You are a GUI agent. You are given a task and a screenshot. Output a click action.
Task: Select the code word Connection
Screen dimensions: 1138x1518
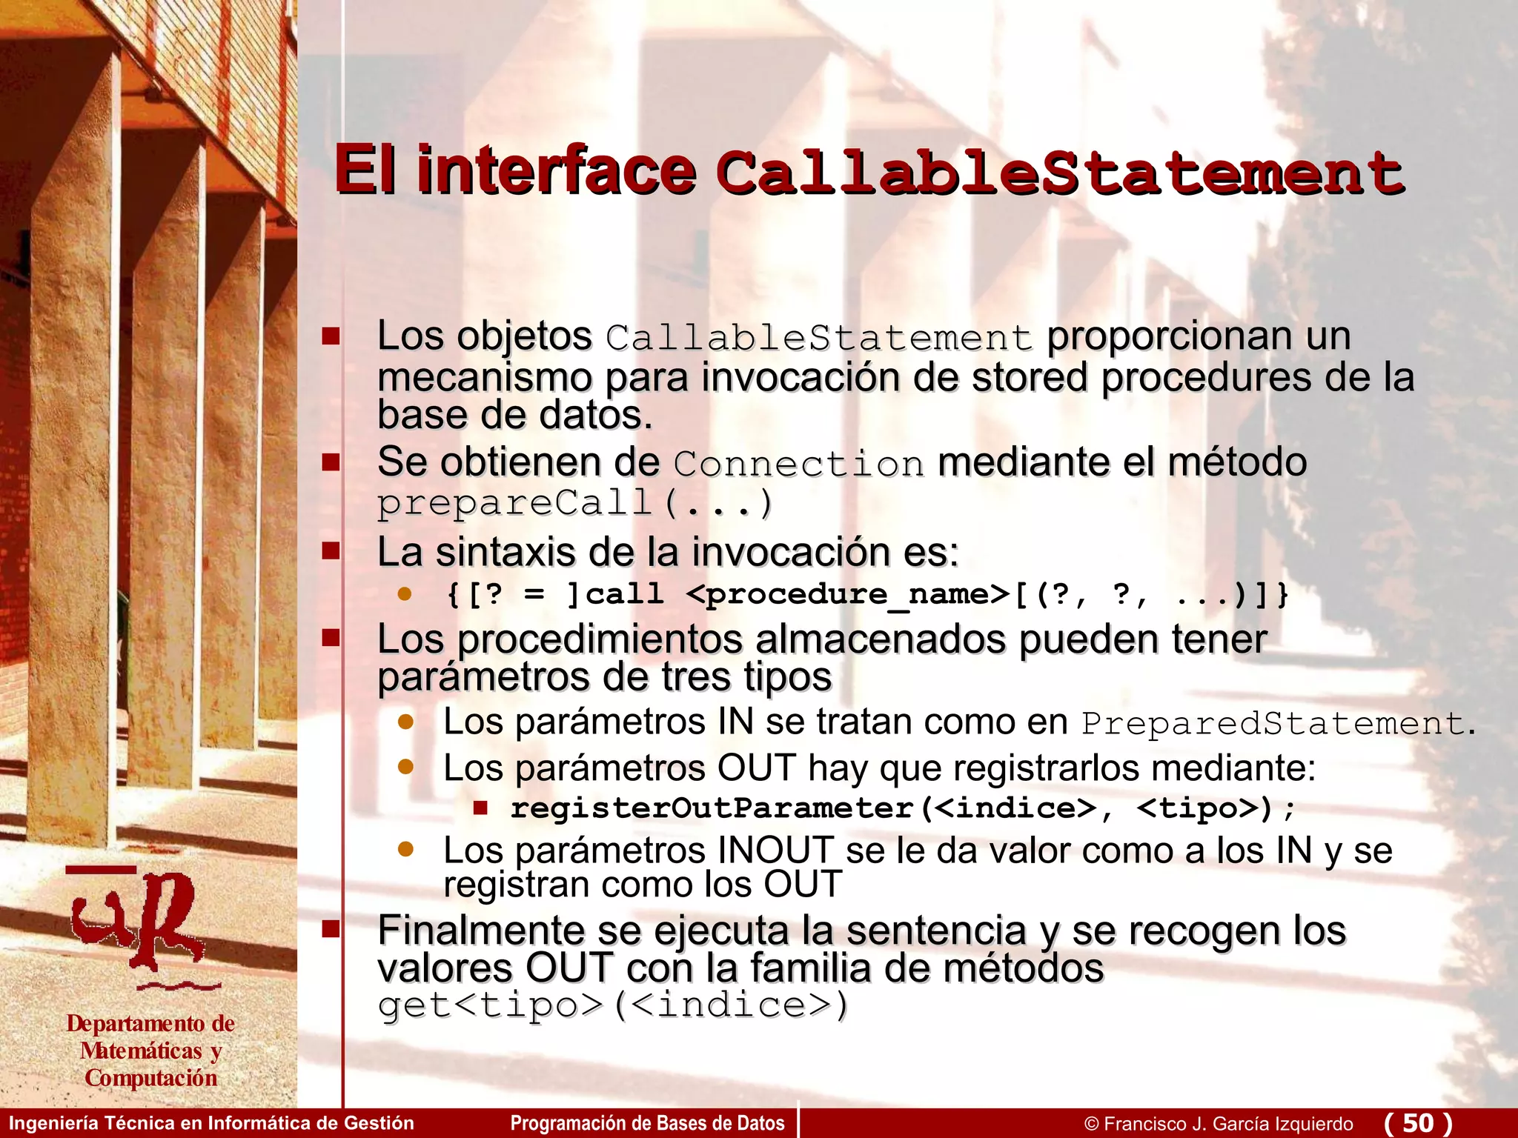point(798,465)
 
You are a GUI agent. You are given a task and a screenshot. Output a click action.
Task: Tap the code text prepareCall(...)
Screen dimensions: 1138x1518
point(575,504)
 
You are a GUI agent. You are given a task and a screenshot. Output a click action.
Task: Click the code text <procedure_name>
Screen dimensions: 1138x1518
point(848,594)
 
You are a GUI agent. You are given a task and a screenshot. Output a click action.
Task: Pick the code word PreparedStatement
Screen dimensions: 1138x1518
point(1272,724)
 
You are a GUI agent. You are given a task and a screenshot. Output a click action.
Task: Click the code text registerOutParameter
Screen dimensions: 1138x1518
point(712,808)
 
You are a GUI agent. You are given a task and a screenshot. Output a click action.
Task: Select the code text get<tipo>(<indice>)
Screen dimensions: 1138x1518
point(612,1005)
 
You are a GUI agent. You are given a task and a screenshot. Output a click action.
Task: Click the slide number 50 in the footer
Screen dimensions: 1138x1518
point(1418,1123)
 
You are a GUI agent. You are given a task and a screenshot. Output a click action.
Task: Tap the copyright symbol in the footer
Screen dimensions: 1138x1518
point(1091,1124)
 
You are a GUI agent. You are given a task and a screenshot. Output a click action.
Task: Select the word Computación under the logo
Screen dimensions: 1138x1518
point(151,1078)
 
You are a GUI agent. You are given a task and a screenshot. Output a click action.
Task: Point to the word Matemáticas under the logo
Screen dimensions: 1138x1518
point(141,1051)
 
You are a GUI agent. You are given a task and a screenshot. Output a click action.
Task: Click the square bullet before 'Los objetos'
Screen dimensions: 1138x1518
point(331,337)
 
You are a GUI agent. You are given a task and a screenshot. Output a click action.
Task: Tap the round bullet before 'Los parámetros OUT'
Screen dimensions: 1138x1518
point(405,767)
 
